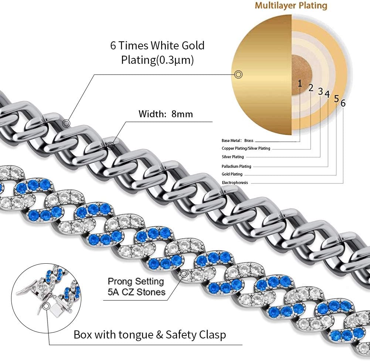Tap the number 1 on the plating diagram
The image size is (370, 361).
click(300, 83)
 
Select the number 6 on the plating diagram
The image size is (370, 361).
click(343, 103)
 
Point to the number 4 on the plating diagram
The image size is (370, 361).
click(327, 94)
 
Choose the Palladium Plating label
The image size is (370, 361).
click(236, 166)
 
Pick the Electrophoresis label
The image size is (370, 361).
click(235, 183)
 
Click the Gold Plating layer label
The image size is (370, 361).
click(232, 174)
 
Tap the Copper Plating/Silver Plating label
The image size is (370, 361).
click(246, 148)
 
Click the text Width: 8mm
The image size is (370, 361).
click(166, 114)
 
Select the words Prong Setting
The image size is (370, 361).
click(136, 281)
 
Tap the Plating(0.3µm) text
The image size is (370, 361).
click(157, 60)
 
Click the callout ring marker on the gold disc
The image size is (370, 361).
click(239, 75)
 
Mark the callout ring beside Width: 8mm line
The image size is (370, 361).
click(111, 146)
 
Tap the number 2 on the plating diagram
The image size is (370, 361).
click(311, 88)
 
